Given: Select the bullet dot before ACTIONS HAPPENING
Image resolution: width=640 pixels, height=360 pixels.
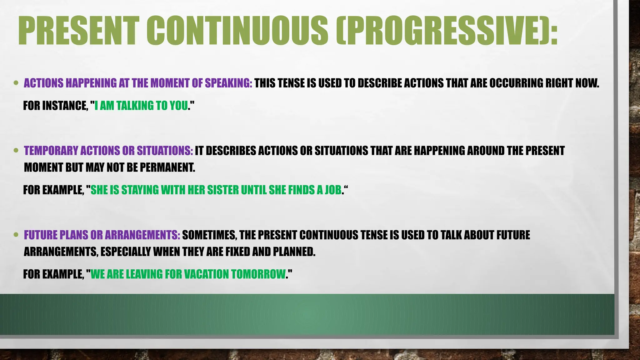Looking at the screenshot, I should (16, 83).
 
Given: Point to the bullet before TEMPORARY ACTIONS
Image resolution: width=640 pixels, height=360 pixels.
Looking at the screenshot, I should (16, 151).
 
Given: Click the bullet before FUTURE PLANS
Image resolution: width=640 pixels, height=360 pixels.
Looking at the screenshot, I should (16, 235).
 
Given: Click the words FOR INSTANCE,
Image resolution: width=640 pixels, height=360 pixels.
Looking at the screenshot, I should (55, 106).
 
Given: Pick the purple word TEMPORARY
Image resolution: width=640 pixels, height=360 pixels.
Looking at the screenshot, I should (51, 151).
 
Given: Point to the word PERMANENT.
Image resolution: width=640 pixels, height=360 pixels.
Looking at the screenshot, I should (167, 167).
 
